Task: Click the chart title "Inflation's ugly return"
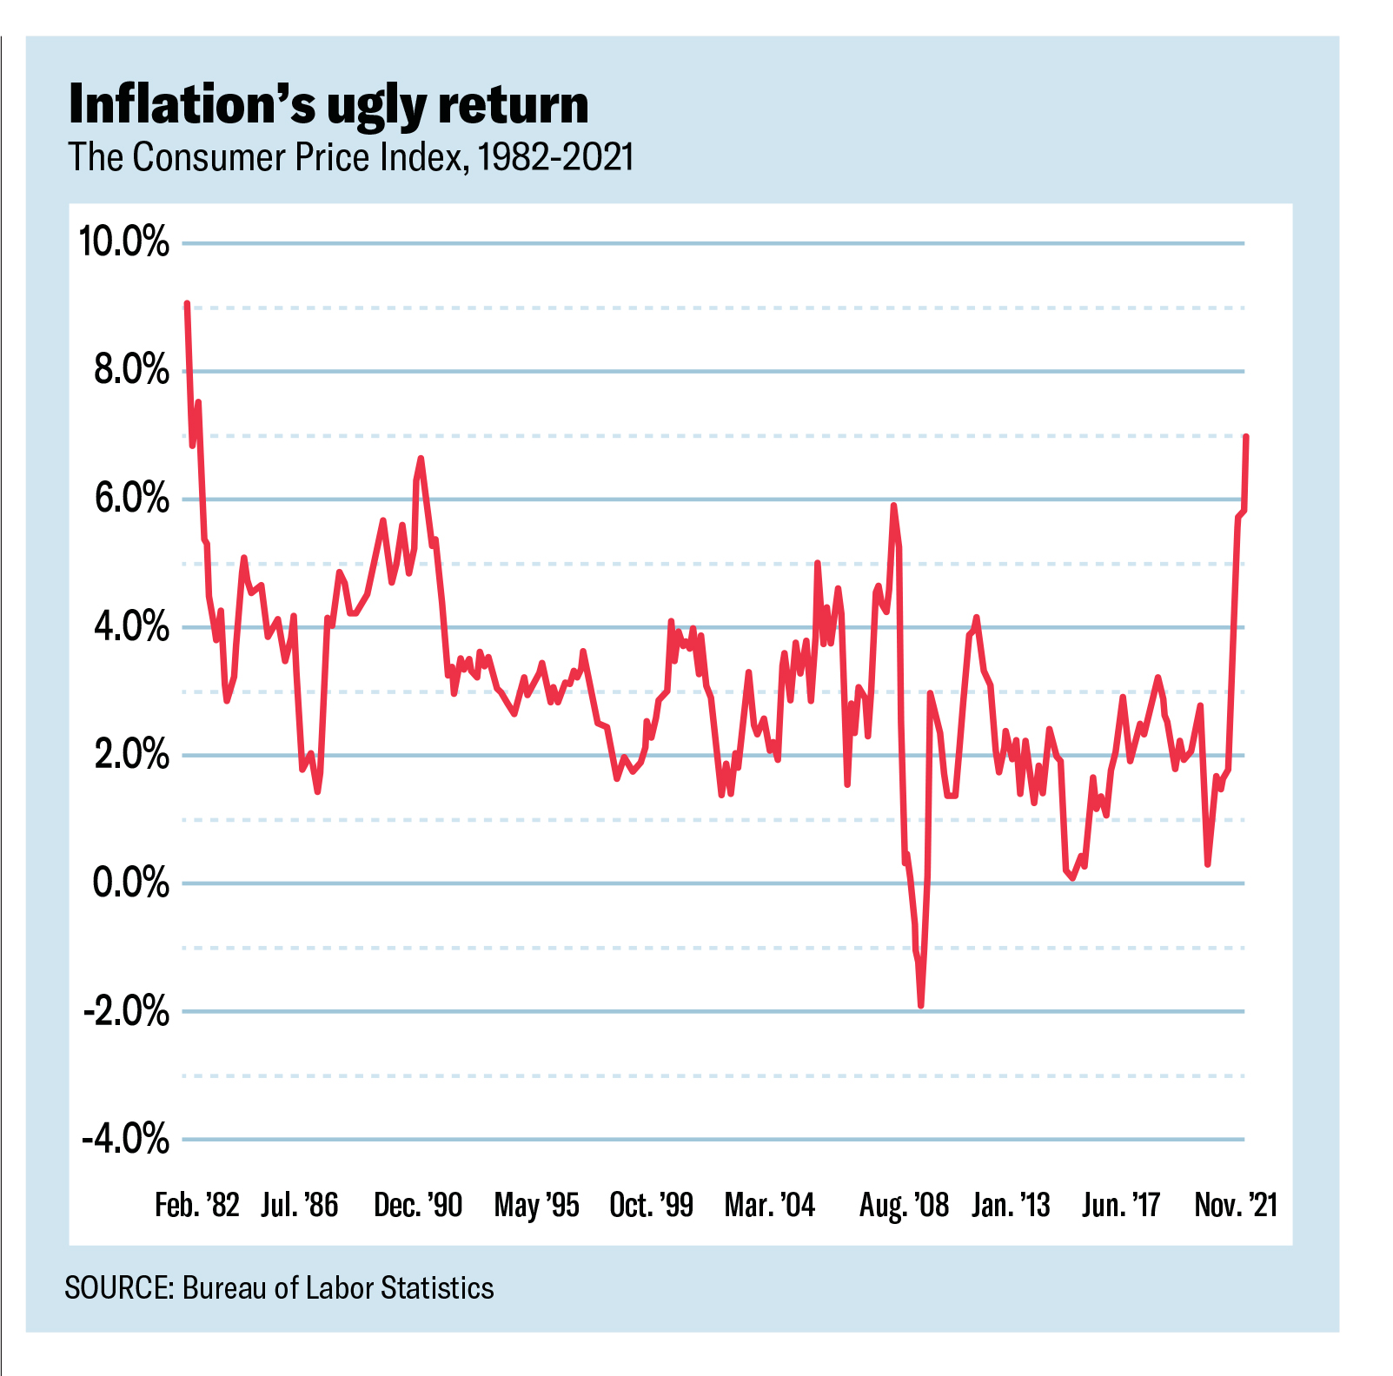tap(328, 106)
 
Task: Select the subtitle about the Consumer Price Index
tap(351, 158)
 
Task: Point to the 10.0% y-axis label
tap(123, 241)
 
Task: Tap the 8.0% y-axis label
tap(130, 371)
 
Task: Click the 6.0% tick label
tap(130, 499)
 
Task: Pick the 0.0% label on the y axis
tap(130, 883)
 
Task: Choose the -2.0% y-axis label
tap(125, 1012)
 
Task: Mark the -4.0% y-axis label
tap(125, 1139)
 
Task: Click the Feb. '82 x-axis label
tap(196, 1206)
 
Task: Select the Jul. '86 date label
tap(299, 1206)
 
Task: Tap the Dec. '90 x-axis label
tap(418, 1206)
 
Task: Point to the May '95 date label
tap(536, 1206)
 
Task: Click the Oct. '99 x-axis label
tap(651, 1206)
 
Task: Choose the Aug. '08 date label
tap(904, 1206)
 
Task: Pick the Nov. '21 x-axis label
tap(1236, 1206)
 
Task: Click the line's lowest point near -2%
tap(920, 1006)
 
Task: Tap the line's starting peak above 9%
tap(187, 304)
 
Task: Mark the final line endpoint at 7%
tap(1247, 436)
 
